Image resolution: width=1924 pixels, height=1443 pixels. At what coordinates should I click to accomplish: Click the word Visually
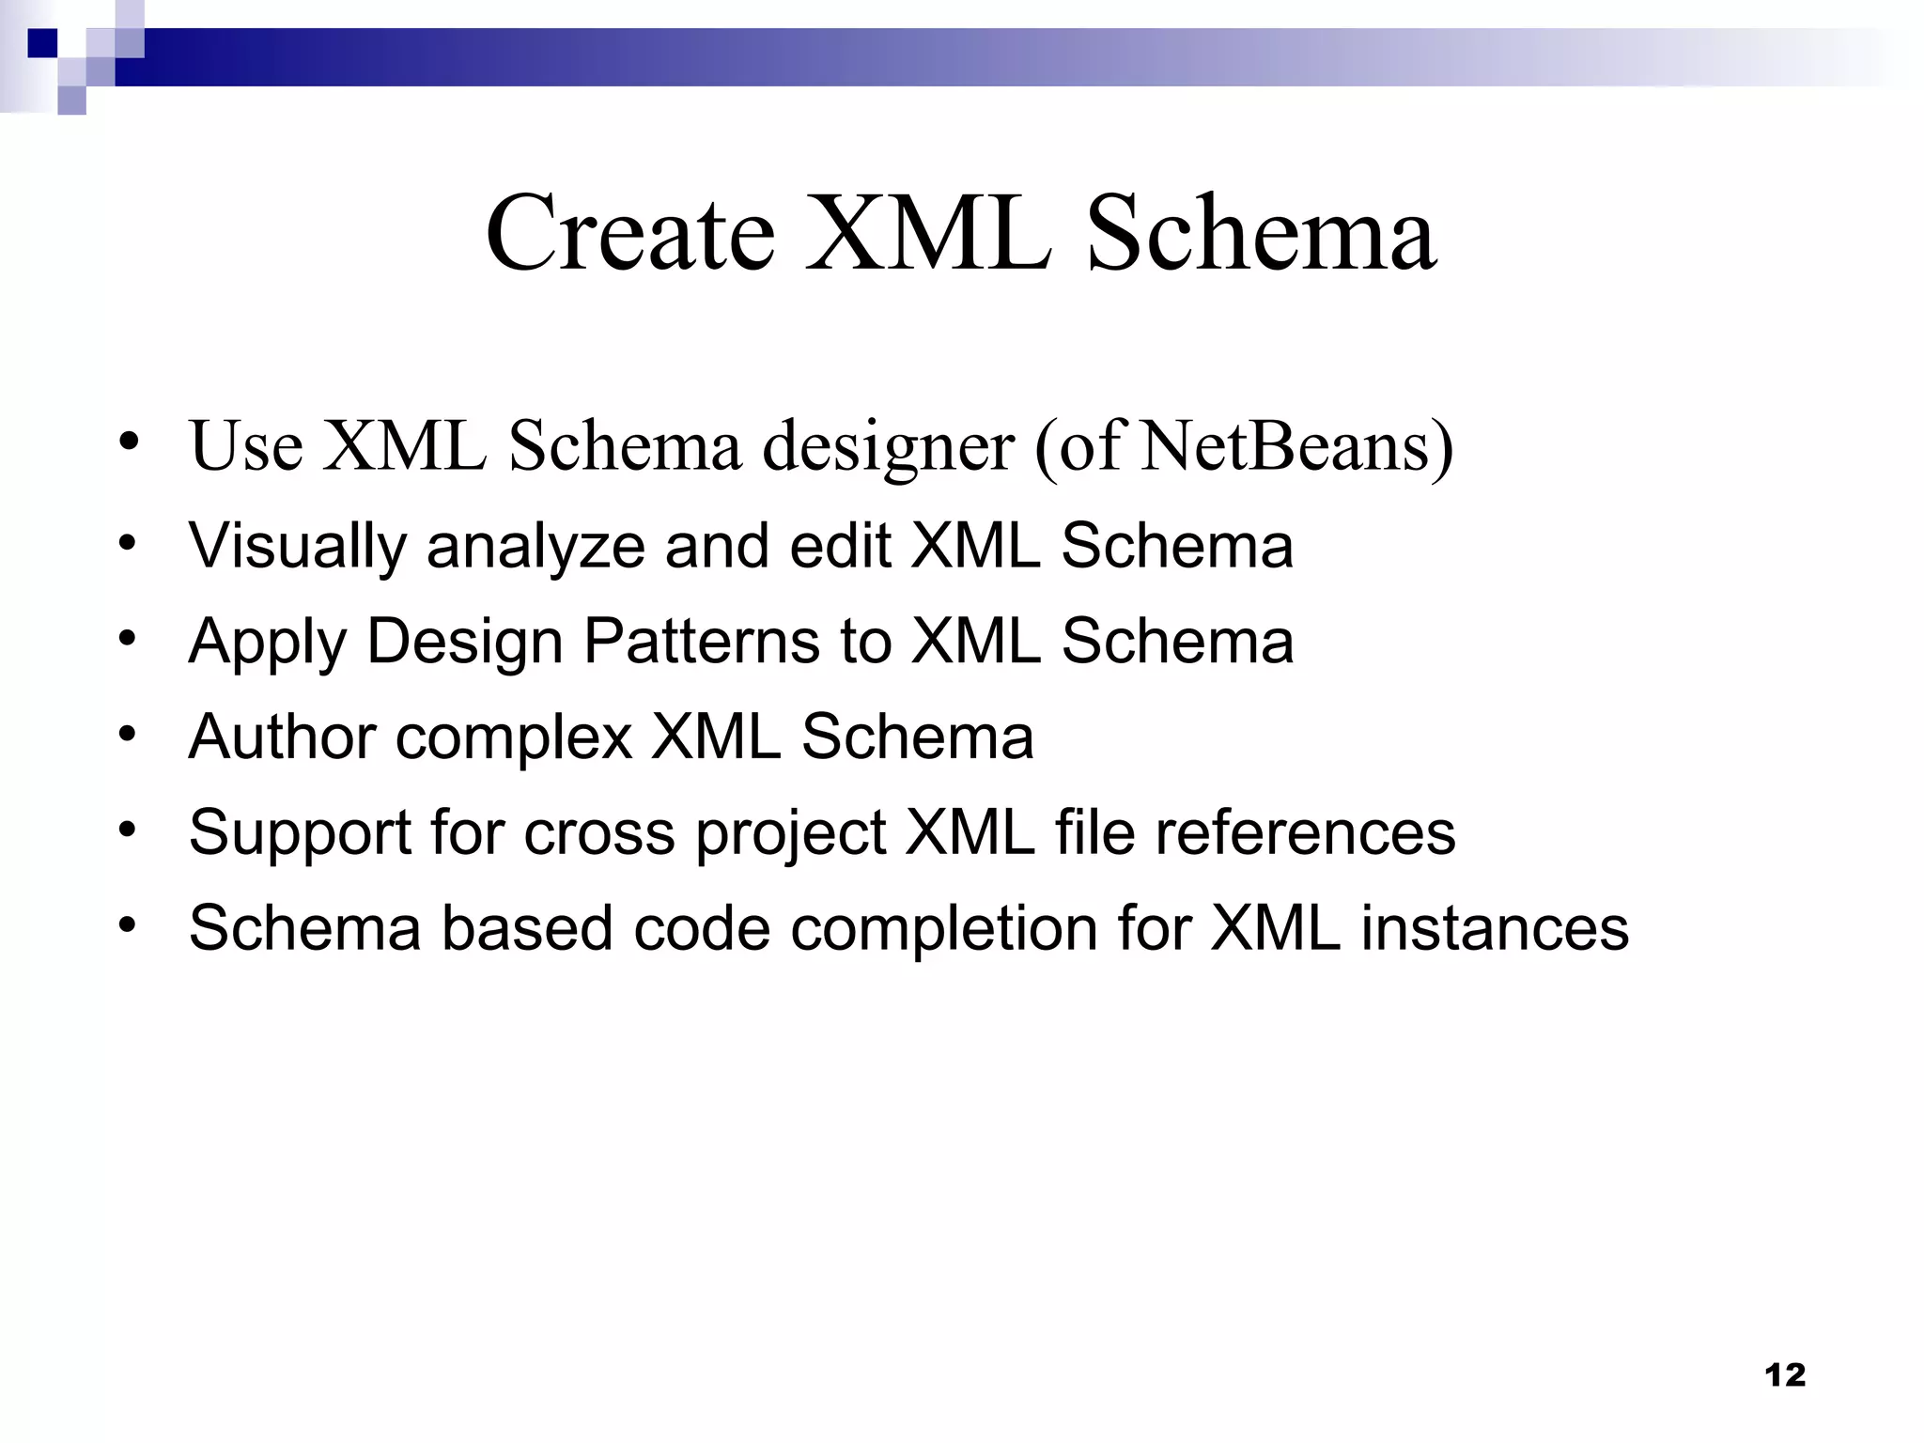click(x=297, y=547)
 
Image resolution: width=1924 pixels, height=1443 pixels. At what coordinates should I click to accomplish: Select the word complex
click(x=514, y=738)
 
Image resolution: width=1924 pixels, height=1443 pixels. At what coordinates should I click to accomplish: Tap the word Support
click(x=300, y=834)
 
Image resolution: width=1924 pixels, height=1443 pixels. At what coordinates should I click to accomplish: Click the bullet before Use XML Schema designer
click(x=129, y=442)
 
